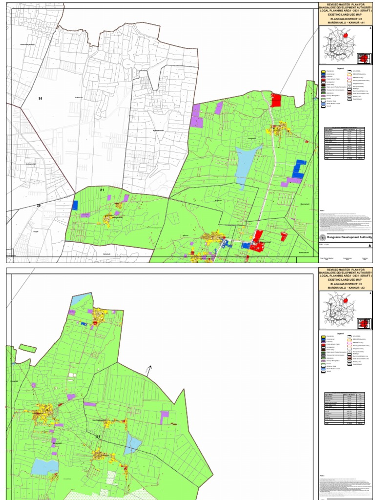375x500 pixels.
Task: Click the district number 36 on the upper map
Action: coord(41,99)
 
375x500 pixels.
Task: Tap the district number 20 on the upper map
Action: coord(39,206)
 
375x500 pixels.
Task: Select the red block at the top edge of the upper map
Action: coord(276,100)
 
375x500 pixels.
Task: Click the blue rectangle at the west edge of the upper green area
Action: coord(75,205)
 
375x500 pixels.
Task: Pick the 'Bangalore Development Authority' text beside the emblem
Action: coord(349,237)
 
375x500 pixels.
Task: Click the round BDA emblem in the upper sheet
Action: coord(322,237)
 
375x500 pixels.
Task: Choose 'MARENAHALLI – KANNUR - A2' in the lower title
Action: coord(345,289)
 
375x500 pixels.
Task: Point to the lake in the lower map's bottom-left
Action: coord(44,466)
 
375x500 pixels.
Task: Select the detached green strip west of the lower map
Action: coord(27,349)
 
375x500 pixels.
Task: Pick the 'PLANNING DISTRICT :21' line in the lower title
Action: coord(345,284)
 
